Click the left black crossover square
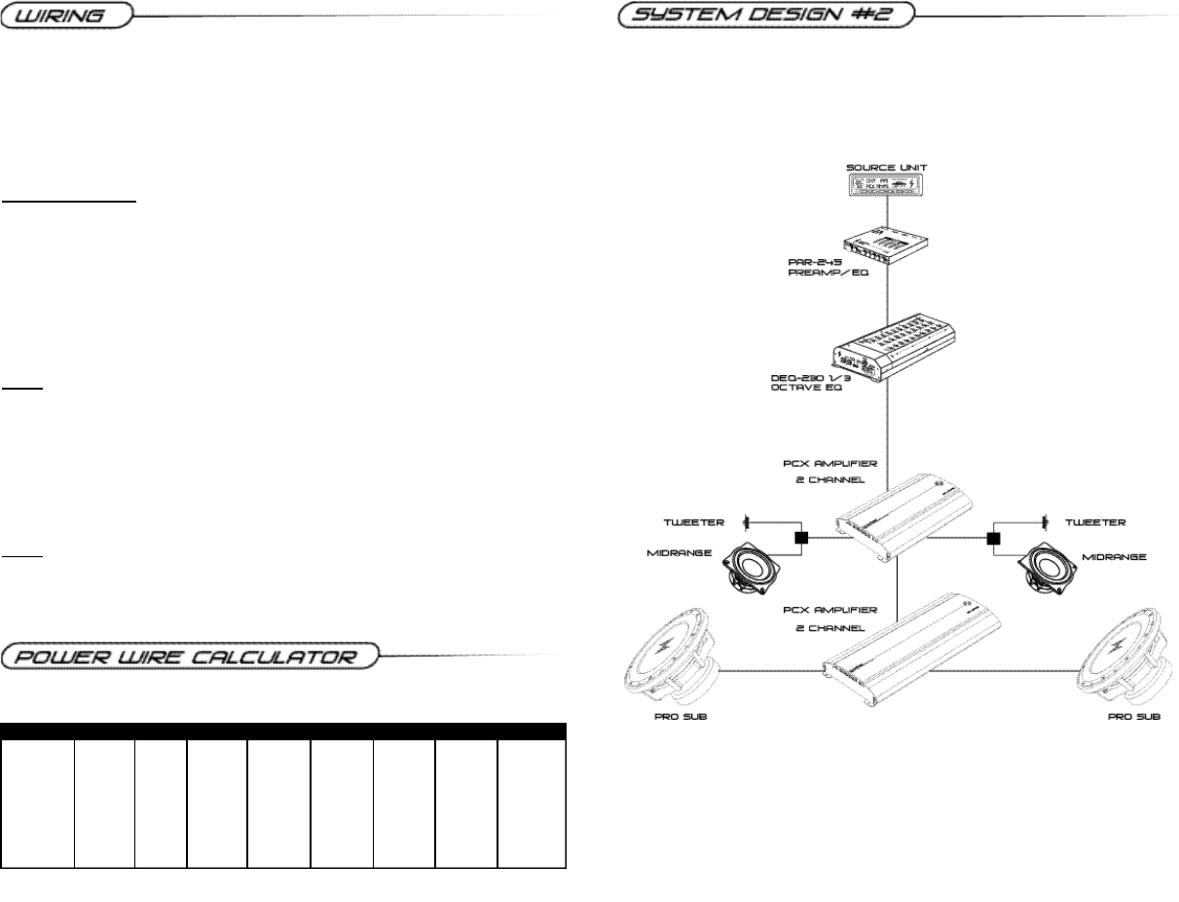[802, 537]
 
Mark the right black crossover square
[993, 537]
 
